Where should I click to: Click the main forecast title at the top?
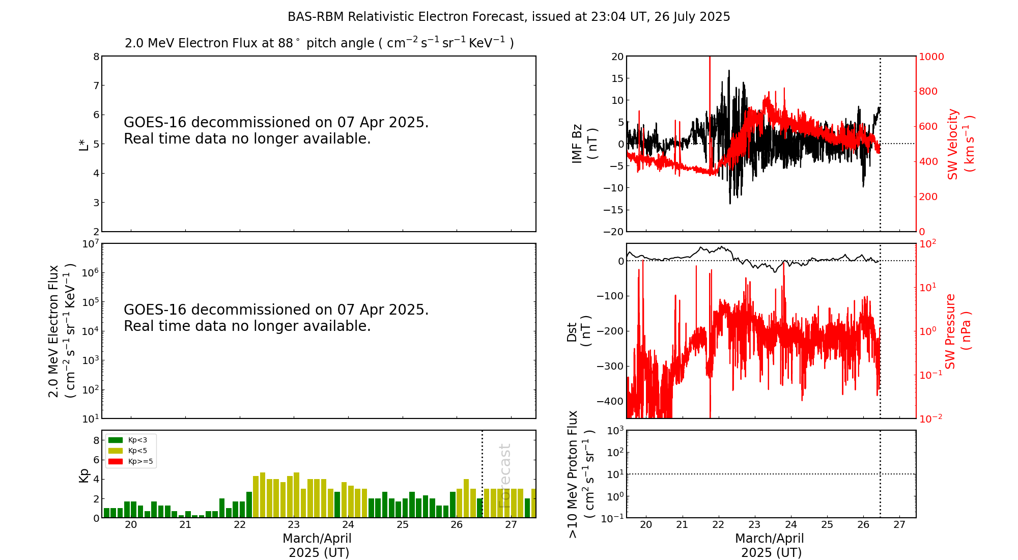508,17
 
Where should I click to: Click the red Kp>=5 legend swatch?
116,462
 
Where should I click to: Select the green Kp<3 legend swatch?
116,440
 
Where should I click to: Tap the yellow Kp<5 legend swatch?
116,451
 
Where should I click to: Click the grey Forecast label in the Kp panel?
504,475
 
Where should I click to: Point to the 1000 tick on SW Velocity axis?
931,57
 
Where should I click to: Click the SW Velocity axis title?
960,144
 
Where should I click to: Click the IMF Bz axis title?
584,144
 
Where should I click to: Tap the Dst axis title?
579,331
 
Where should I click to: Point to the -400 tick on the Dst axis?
611,401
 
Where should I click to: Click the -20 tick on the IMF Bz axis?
614,232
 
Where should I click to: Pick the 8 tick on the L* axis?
96,57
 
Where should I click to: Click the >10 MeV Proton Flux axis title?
580,474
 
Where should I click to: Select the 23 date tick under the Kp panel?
294,525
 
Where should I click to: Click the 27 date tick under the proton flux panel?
899,525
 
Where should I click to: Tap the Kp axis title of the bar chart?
84,475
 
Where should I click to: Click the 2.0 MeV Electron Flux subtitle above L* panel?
319,43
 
